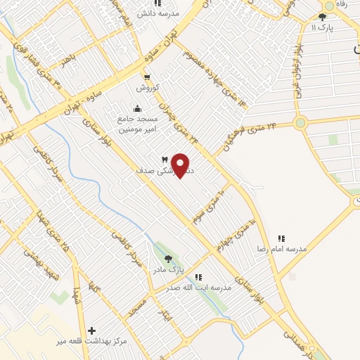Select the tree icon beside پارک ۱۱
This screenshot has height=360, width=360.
(322, 17)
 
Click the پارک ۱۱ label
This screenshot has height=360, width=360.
(324, 27)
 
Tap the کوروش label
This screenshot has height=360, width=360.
(148, 88)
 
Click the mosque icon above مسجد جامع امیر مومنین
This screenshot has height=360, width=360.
(136, 108)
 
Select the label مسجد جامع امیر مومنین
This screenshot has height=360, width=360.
(137, 124)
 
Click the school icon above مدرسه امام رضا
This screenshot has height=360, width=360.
(282, 238)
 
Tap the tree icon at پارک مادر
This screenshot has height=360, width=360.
(167, 258)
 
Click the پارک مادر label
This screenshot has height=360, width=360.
(167, 269)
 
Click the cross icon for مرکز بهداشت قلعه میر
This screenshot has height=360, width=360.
(91, 330)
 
